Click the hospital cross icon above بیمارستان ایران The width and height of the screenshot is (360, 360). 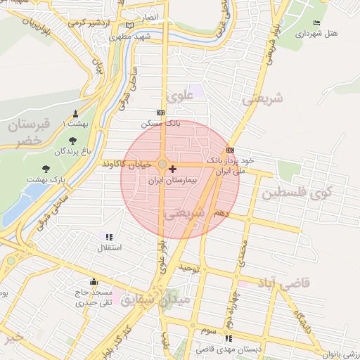pyautogui.click(x=173, y=169)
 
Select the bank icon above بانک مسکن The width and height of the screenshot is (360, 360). pyautogui.click(x=161, y=112)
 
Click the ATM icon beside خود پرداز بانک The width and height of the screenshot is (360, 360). pyautogui.click(x=230, y=150)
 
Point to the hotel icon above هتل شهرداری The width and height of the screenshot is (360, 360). pyautogui.click(x=316, y=22)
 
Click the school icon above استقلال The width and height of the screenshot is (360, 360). pyautogui.click(x=108, y=238)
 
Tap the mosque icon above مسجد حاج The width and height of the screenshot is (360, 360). pyautogui.click(x=94, y=282)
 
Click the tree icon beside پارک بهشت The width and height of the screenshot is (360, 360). pyautogui.click(x=46, y=169)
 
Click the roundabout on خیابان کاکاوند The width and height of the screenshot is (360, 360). pyautogui.click(x=162, y=165)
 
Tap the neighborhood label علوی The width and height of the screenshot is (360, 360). pyautogui.click(x=177, y=96)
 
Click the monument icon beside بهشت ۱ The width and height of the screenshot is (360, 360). pyautogui.click(x=75, y=113)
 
